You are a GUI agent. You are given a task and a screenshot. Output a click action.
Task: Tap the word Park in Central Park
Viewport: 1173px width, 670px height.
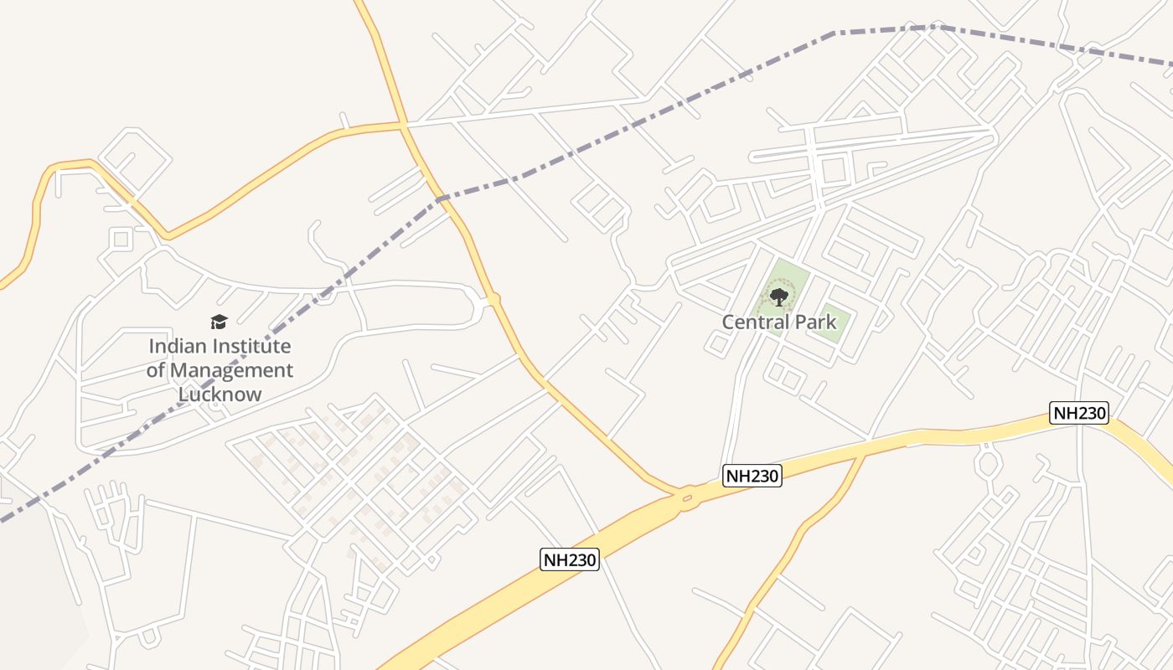point(815,322)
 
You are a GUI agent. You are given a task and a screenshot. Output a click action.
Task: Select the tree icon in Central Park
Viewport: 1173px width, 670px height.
point(779,296)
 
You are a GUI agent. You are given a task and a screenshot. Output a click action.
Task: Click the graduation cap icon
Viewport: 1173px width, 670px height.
point(219,322)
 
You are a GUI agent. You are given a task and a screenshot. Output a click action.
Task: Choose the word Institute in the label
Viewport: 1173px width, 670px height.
point(252,346)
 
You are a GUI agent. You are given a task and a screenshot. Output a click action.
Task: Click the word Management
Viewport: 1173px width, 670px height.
point(232,370)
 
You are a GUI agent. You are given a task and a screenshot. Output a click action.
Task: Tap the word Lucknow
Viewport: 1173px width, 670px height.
point(220,394)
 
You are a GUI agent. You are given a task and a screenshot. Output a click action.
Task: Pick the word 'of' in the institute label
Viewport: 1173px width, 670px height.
point(156,370)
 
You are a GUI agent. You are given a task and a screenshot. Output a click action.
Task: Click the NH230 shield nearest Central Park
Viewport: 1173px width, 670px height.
point(752,476)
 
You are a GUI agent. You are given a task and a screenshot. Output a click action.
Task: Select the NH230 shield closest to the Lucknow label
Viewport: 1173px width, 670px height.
point(570,559)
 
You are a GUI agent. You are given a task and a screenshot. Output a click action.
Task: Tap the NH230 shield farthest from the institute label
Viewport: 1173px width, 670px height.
point(1079,412)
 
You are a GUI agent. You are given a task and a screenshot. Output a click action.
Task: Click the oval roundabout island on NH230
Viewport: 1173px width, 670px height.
point(687,498)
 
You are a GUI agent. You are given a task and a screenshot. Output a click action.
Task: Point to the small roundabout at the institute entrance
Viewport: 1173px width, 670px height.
point(493,299)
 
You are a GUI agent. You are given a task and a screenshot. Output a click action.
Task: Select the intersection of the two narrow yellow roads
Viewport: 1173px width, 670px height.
point(404,126)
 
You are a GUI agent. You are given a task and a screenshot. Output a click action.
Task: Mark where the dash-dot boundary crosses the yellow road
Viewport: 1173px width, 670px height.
point(439,199)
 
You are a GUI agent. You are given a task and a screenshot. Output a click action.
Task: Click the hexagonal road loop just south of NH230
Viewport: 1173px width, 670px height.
point(988,461)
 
